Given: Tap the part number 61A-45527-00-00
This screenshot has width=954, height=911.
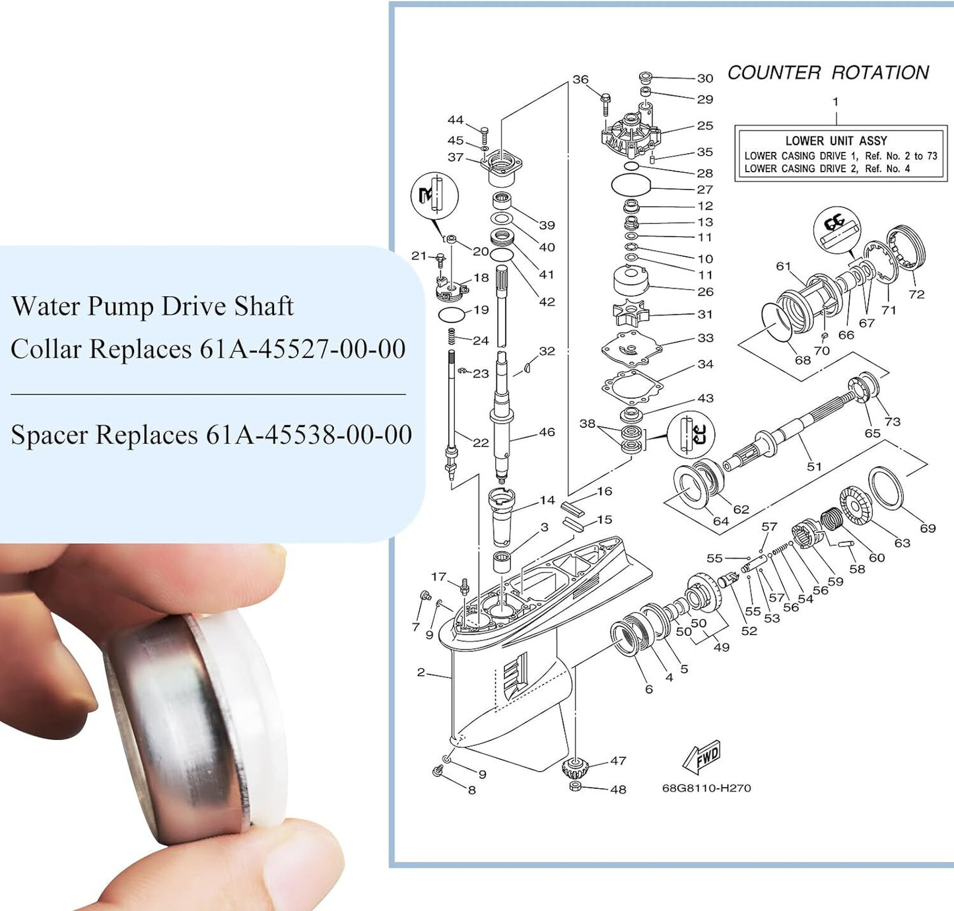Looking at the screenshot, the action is pos(302,349).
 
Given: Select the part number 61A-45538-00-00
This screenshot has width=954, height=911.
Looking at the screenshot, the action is pos(309,434).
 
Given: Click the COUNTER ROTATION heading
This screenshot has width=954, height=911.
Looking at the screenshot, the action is pos(828,73).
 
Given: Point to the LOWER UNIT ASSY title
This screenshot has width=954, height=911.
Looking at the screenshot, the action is pos(836,141).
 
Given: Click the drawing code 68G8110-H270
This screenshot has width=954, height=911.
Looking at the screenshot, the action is pos(706,788).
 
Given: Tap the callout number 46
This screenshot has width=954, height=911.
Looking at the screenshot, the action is pos(547,432).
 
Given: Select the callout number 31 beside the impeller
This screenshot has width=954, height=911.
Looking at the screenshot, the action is pos(705,314).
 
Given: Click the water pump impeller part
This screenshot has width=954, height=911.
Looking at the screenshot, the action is pos(631,313).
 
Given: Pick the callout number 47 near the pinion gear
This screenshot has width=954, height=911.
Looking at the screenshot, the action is pos(618,760).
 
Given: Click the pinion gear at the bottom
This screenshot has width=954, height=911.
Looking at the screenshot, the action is pos(574,768).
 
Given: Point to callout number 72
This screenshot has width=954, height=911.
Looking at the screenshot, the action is pos(916,294).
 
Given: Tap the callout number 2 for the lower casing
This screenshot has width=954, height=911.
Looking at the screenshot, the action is pos(421,672).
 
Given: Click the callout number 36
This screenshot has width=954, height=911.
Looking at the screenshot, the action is pos(580,79).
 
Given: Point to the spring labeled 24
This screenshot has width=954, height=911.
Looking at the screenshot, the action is pos(452,337).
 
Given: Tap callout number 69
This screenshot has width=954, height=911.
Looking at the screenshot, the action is pos(928,528).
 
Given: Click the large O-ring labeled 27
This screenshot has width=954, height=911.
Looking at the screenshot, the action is pos(631,186).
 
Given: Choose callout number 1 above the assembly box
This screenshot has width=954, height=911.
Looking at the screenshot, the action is pos(835,102).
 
